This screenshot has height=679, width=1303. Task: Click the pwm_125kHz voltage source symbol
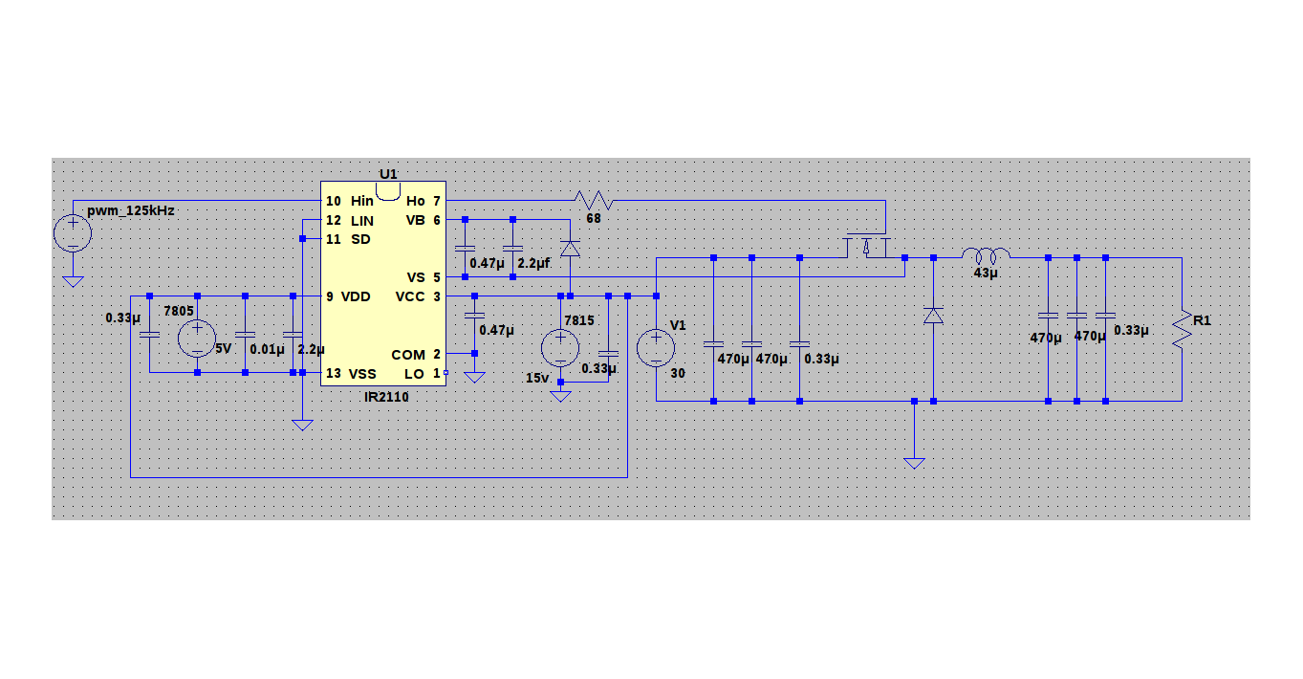coord(73,232)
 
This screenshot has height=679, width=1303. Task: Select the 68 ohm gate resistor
coord(593,201)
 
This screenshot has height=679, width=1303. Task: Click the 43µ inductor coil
coord(986,256)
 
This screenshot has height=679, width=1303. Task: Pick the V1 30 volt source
coord(657,347)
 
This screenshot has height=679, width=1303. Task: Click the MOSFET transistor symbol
coord(866,245)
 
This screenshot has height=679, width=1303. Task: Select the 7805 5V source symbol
coord(197,339)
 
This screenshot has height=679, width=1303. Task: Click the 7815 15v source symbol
coord(560,347)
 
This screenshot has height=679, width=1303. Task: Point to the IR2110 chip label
coord(385,397)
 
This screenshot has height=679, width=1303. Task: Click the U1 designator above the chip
coord(387,174)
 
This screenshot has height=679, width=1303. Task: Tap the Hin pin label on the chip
coord(362,201)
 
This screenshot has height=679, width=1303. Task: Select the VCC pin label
coord(409,296)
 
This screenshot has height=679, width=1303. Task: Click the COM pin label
coord(407,355)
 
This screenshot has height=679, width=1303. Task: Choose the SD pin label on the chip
coord(360,239)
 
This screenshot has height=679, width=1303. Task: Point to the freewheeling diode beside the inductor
coord(933,315)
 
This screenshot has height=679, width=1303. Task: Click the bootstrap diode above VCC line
coord(570,249)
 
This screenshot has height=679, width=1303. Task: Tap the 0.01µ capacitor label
coord(266,350)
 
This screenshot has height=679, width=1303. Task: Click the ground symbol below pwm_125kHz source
coord(73,281)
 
